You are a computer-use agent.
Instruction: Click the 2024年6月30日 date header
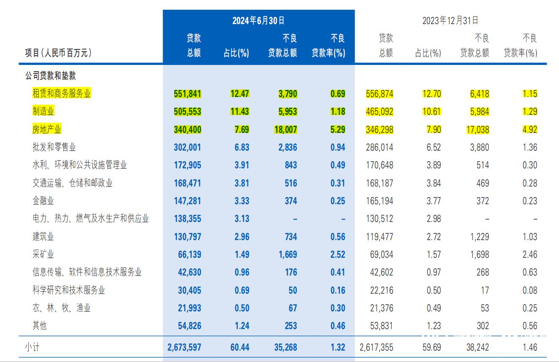(x=258, y=21)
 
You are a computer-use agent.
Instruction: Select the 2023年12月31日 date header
(x=450, y=21)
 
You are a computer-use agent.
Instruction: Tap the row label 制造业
(x=43, y=111)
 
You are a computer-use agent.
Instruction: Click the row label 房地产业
(x=47, y=129)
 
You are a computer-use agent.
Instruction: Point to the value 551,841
(x=187, y=94)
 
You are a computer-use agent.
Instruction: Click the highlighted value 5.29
(x=338, y=130)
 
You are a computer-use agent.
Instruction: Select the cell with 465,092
(x=379, y=112)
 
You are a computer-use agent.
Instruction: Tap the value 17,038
(x=477, y=130)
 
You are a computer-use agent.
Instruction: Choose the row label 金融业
(x=43, y=201)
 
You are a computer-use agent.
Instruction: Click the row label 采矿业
(x=43, y=254)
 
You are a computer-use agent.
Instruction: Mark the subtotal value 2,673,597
(x=184, y=347)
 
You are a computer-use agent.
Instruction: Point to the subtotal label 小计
(x=33, y=347)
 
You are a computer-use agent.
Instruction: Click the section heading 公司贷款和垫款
(x=50, y=76)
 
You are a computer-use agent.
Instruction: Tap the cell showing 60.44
(x=239, y=347)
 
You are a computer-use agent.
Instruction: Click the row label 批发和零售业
(x=54, y=147)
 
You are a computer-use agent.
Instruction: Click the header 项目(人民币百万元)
(x=58, y=53)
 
